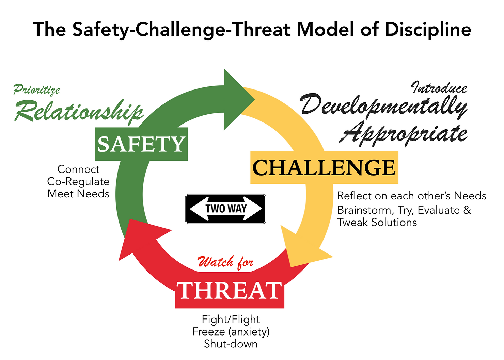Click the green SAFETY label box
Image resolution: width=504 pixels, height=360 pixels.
pyautogui.click(x=141, y=144)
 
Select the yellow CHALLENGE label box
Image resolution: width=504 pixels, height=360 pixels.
pyautogui.click(x=324, y=167)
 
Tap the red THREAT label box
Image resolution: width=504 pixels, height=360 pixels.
pyautogui.click(x=229, y=291)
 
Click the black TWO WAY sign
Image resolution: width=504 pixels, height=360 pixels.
pyautogui.click(x=225, y=209)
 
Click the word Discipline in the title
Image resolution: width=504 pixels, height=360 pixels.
pyautogui.click(x=428, y=30)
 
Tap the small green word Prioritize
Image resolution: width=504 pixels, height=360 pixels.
pyautogui.click(x=37, y=90)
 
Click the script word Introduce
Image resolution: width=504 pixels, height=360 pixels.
pyautogui.click(x=439, y=88)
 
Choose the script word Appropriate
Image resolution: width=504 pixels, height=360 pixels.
pyautogui.click(x=404, y=133)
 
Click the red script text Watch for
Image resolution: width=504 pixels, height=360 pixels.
pyautogui.click(x=225, y=262)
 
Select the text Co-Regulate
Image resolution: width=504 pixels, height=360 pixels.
pyautogui.click(x=78, y=181)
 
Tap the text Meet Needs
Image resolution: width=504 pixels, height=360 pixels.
pyautogui.click(x=78, y=194)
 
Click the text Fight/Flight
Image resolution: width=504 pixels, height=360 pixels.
pyautogui.click(x=231, y=319)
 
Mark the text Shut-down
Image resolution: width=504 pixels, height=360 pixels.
pyautogui.click(x=231, y=344)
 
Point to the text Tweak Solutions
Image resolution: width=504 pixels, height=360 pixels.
pyautogui.click(x=377, y=222)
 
